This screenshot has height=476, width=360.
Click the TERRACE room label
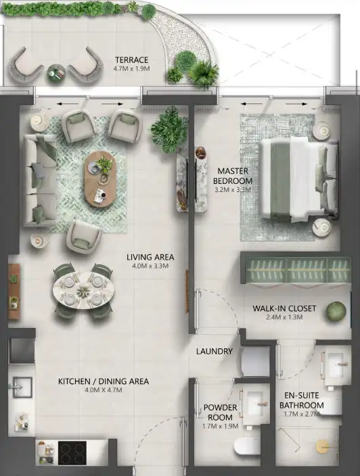(x=131, y=59)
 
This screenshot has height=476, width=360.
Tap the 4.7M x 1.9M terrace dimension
(x=131, y=68)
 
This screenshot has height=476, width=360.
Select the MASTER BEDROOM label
(x=233, y=176)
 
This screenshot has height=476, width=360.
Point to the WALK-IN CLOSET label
(x=284, y=308)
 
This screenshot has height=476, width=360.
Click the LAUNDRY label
(x=215, y=351)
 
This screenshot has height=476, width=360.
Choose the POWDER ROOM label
(x=220, y=412)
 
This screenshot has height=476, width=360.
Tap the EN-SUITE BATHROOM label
(x=302, y=400)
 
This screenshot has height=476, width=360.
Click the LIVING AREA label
(x=150, y=257)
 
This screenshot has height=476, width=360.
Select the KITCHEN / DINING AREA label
(x=104, y=381)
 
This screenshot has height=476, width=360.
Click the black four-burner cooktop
(x=72, y=453)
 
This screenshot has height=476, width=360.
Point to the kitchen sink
(x=22, y=387)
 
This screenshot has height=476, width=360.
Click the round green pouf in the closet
(x=336, y=311)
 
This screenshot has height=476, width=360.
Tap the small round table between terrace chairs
(x=56, y=73)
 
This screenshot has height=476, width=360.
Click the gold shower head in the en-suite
(x=321, y=446)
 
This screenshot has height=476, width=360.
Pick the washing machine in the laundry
(x=255, y=361)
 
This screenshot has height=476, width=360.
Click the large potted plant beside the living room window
(x=169, y=130)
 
